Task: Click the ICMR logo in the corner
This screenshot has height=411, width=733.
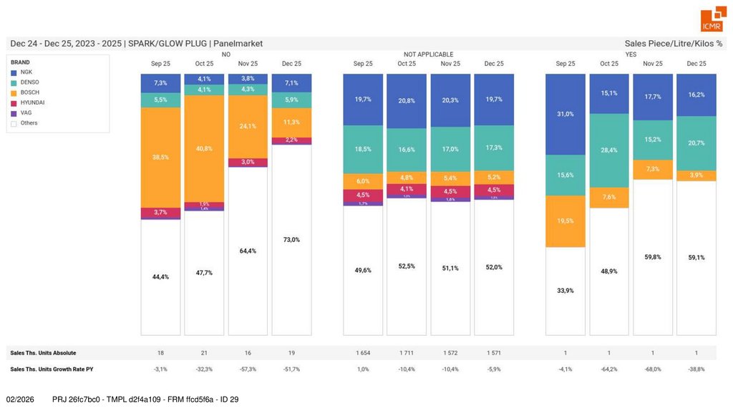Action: tap(712, 21)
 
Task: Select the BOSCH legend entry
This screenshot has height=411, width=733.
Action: tap(30, 92)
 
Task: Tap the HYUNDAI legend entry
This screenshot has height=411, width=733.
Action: tap(33, 102)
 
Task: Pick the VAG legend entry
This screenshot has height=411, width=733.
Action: tap(26, 112)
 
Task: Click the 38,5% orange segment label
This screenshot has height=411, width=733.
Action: tap(160, 157)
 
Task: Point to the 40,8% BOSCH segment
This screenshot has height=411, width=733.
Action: tap(204, 148)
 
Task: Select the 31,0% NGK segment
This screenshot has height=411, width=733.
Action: tap(565, 114)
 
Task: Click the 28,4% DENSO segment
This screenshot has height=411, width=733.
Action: tap(609, 150)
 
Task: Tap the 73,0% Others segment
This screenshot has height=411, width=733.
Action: tap(291, 240)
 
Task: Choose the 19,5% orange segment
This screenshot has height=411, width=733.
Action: tap(565, 221)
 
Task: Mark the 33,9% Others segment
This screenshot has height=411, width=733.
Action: tap(565, 291)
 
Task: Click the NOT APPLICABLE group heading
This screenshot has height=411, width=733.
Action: tap(428, 54)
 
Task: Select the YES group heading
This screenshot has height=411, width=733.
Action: tap(631, 54)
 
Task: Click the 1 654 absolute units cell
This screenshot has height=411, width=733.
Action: tap(363, 353)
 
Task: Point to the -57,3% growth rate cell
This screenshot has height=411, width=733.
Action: tap(248, 369)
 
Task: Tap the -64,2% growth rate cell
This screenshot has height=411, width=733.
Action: tap(609, 369)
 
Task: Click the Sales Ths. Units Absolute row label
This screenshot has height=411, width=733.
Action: tap(43, 353)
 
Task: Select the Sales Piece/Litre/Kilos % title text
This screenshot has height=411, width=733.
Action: tap(673, 44)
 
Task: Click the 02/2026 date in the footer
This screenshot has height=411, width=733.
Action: tap(20, 399)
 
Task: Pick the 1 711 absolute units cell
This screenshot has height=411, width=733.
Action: tap(407, 353)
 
